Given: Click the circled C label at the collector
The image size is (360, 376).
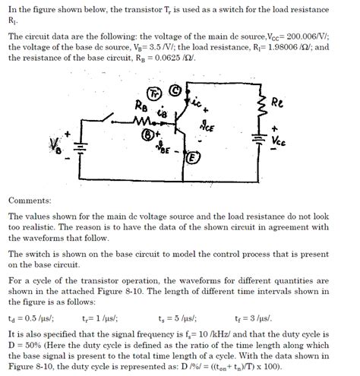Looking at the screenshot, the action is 175,90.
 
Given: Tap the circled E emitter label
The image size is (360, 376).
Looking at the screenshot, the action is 192,157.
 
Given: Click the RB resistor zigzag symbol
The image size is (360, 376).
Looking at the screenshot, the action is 142,121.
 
